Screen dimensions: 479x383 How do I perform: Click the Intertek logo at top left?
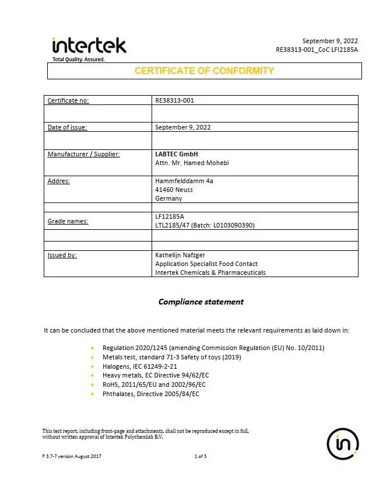point(89,46)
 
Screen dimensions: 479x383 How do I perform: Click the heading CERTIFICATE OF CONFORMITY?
point(204,71)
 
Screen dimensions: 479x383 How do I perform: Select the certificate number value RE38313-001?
point(174,100)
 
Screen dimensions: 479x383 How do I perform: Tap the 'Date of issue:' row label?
point(67,127)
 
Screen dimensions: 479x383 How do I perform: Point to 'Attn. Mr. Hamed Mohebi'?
point(192,163)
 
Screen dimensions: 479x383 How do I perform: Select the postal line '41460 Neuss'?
point(174,190)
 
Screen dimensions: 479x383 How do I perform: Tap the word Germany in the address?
point(168,198)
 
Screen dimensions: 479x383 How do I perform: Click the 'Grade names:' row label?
point(68,221)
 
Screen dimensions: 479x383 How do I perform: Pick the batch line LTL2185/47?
point(205,225)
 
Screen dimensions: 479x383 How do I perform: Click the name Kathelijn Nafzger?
point(181,255)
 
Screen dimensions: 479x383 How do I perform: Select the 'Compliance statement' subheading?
point(201,302)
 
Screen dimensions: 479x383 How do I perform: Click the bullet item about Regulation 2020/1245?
point(213,348)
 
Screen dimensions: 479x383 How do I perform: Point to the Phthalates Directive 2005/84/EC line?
point(151,394)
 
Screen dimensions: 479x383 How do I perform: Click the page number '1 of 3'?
point(200,456)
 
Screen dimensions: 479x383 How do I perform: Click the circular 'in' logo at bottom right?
point(343,444)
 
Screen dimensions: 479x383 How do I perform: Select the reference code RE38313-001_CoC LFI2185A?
point(317,50)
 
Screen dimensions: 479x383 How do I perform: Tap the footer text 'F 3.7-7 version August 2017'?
point(72,456)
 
